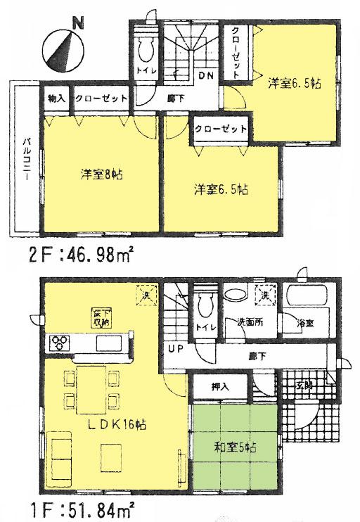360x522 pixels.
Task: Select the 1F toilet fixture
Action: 205,303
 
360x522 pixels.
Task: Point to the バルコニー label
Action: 24,158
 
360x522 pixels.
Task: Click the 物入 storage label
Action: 56,99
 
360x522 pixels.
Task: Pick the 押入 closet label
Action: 220,386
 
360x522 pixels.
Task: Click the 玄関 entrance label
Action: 304,386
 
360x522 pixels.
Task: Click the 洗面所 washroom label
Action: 250,323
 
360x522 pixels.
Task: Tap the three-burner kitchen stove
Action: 58,343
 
